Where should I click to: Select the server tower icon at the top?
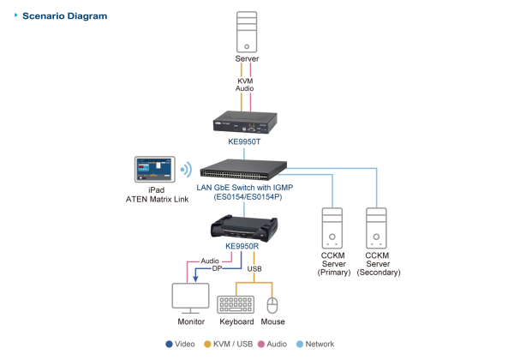[x=246, y=32]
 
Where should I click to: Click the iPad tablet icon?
[x=154, y=168]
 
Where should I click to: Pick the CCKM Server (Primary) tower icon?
[x=332, y=228]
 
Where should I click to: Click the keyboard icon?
[x=236, y=304]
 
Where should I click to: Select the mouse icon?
[x=272, y=305]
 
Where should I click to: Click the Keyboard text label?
[x=236, y=322]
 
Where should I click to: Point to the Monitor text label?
[x=190, y=322]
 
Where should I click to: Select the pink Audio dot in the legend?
[x=262, y=344]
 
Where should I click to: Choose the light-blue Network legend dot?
[x=299, y=344]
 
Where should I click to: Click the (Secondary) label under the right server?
[x=377, y=273]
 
